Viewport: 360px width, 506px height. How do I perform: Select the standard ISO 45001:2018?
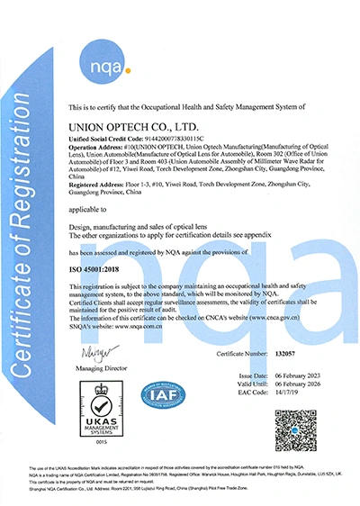point(101,268)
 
